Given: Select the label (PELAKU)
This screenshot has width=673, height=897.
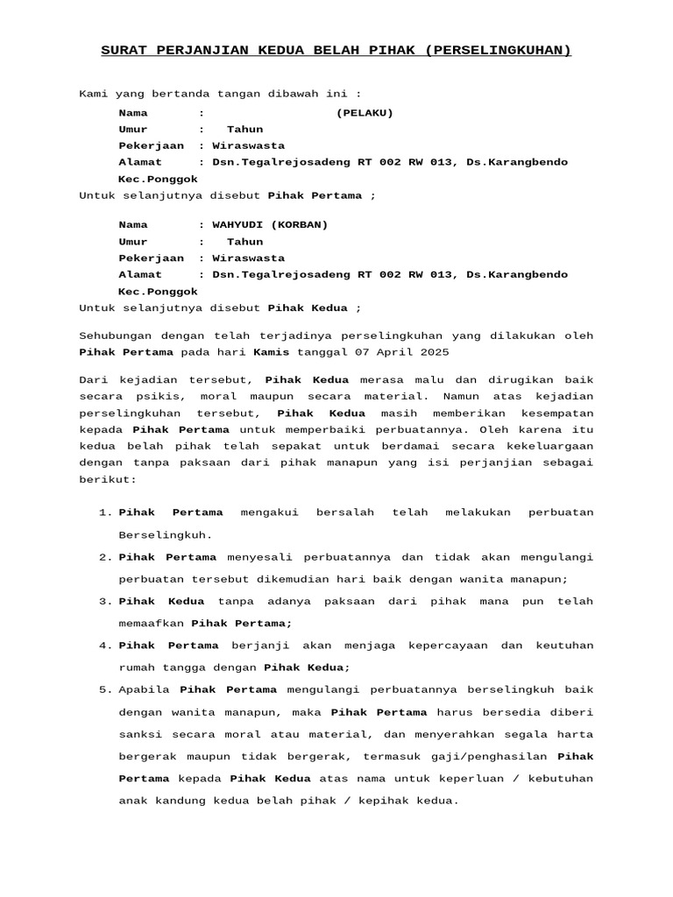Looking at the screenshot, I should (x=365, y=112).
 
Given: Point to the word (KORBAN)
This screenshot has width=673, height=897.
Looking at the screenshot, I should (x=300, y=224).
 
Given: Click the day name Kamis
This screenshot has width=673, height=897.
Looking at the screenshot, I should (x=271, y=351).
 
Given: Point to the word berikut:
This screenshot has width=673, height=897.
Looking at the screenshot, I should (x=109, y=480).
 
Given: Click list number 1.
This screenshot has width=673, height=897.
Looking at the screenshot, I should (x=103, y=512).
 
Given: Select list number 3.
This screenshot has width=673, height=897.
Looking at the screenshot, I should (x=103, y=601).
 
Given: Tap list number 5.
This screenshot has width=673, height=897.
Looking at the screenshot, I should (x=103, y=689).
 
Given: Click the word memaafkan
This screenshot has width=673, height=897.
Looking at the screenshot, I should (x=152, y=623).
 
